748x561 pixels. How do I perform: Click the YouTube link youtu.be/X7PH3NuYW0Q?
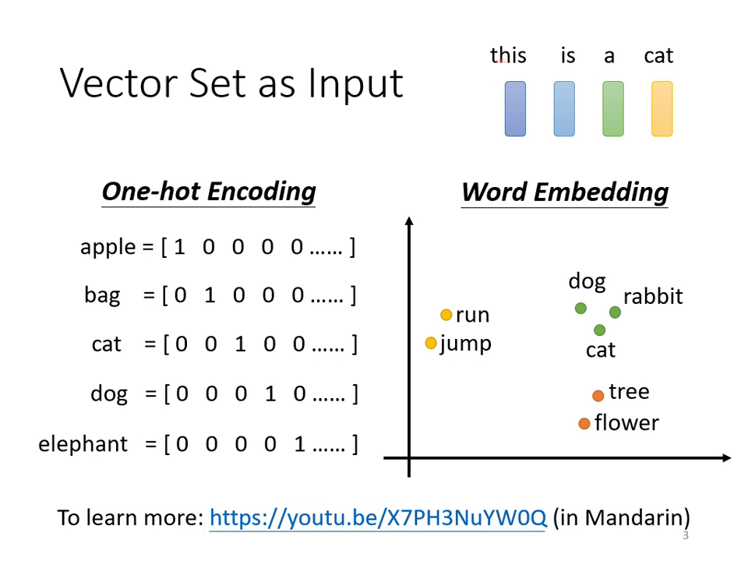pyautogui.click(x=378, y=517)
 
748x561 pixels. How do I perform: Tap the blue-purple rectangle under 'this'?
pyautogui.click(x=515, y=109)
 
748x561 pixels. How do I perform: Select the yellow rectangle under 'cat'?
pyautogui.click(x=662, y=109)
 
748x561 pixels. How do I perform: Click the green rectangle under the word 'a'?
pyautogui.click(x=613, y=109)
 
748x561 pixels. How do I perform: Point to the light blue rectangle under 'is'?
pyautogui.click(x=564, y=109)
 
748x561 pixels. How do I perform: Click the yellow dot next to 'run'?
pyautogui.click(x=446, y=315)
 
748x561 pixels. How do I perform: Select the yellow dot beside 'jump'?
pyautogui.click(x=431, y=343)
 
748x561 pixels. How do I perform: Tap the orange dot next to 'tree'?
pyautogui.click(x=598, y=396)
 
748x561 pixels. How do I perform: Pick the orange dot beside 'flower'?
pyautogui.click(x=584, y=424)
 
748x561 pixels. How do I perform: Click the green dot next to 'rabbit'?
pyautogui.click(x=615, y=312)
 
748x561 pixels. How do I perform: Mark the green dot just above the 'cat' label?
pyautogui.click(x=599, y=330)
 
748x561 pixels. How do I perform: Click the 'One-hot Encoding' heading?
pyautogui.click(x=209, y=192)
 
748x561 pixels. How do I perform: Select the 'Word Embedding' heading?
pyautogui.click(x=565, y=192)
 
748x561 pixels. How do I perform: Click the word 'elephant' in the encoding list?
pyautogui.click(x=83, y=444)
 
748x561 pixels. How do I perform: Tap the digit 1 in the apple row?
pyautogui.click(x=180, y=248)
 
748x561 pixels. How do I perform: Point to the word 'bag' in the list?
pyautogui.click(x=102, y=296)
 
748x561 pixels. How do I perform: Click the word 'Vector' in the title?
pyautogui.click(x=121, y=83)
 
